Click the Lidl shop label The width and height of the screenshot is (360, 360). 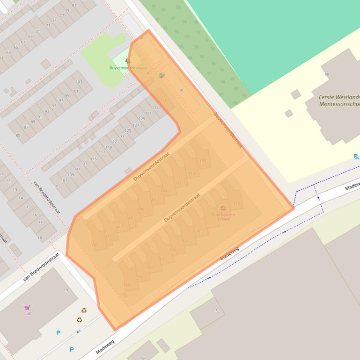click(27, 313)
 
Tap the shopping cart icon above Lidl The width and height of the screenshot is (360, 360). click(27, 307)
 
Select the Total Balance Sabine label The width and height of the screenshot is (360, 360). click(223, 216)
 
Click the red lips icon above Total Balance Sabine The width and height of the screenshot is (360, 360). click(223, 209)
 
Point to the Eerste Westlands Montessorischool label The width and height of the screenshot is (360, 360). click(339, 101)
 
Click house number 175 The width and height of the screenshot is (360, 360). click(236, 203)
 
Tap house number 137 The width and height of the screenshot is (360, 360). click(95, 245)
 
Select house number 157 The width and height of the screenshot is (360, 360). click(126, 285)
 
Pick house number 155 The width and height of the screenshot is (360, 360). click(203, 161)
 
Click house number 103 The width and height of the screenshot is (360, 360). click(79, 82)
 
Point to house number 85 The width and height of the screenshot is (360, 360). click(18, 136)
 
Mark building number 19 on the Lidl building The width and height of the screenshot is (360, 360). click(66, 290)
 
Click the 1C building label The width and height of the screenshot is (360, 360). click(216, 310)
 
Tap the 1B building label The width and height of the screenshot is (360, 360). click(143, 358)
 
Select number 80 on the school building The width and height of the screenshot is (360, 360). click(326, 74)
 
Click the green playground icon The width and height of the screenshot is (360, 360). click(127, 61)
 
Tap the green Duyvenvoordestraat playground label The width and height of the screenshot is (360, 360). click(127, 68)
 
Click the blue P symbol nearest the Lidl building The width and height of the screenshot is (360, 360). click(59, 333)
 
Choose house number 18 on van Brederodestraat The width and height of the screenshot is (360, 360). click(40, 238)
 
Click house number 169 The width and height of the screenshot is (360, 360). click(199, 231)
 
